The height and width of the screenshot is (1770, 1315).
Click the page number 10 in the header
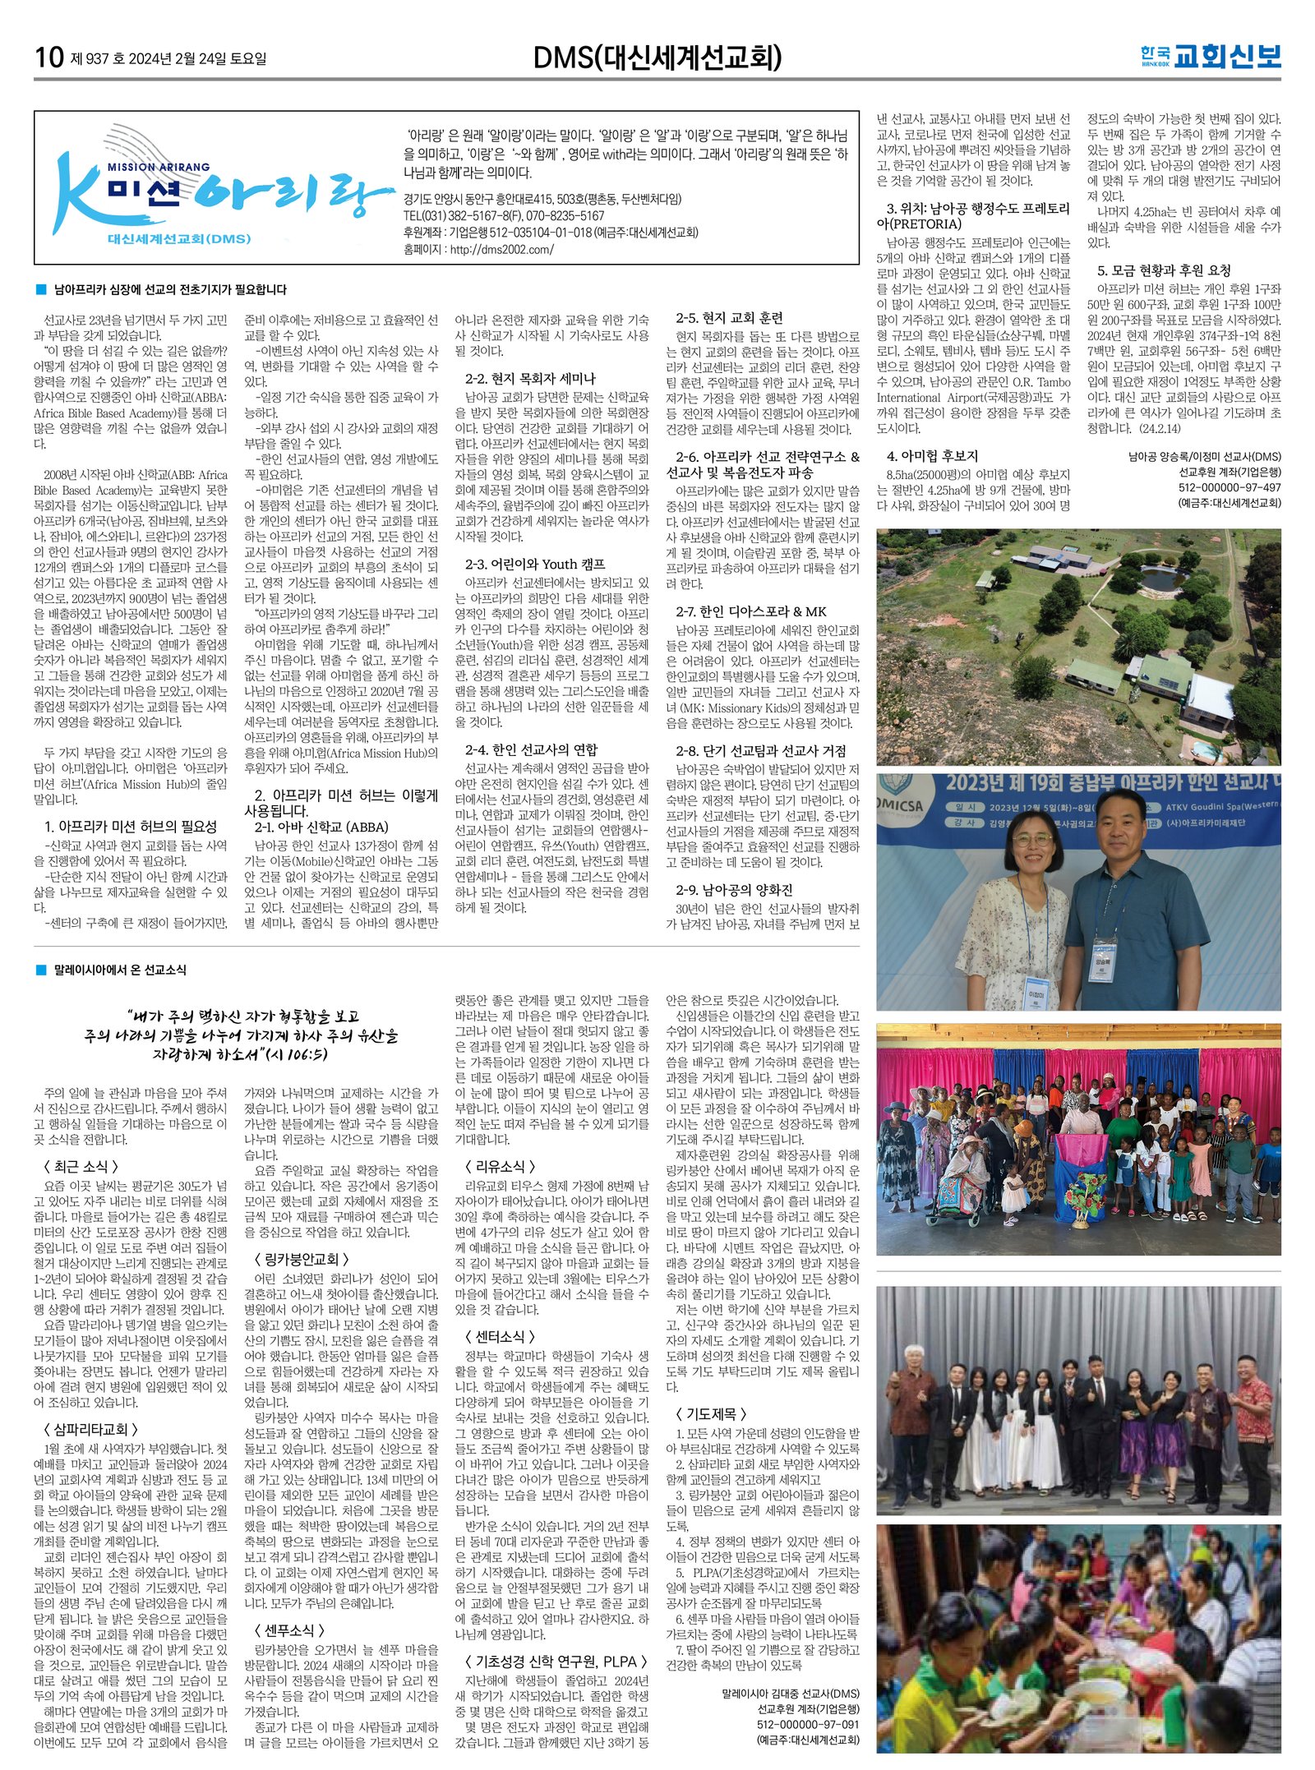coord(48,58)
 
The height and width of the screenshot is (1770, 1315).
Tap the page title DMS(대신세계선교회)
coord(657,58)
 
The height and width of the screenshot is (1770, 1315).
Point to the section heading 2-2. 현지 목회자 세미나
coord(530,379)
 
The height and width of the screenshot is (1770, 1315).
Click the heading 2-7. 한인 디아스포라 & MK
coord(751,611)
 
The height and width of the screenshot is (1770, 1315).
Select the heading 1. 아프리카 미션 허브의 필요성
coord(131,827)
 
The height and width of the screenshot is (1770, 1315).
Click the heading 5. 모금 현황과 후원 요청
coord(1164,270)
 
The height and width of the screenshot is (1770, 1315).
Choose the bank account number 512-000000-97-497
coord(1230,487)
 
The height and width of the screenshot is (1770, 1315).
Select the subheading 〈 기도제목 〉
coord(711,1413)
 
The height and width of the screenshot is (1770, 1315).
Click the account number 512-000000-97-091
coord(807,1725)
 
